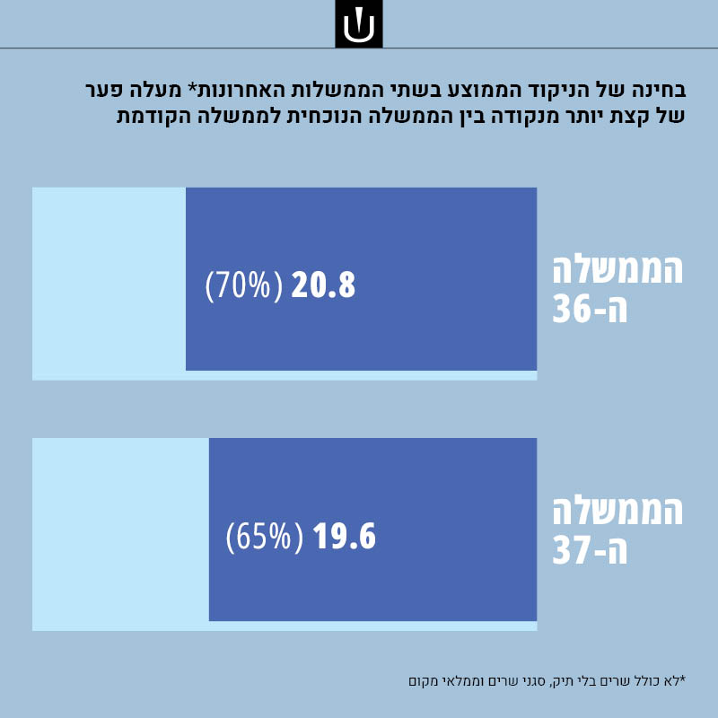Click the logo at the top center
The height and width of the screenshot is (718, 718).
[x=359, y=24]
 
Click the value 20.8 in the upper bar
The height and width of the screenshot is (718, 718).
[x=322, y=285]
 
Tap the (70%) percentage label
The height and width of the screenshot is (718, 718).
[x=238, y=285]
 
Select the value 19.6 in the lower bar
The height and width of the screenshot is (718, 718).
[x=344, y=537]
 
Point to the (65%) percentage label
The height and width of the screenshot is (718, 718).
[x=259, y=537]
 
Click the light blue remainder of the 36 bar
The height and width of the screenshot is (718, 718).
[x=108, y=283]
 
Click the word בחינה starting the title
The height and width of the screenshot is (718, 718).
[x=658, y=91]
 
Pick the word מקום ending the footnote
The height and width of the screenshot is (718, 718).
[x=425, y=680]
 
